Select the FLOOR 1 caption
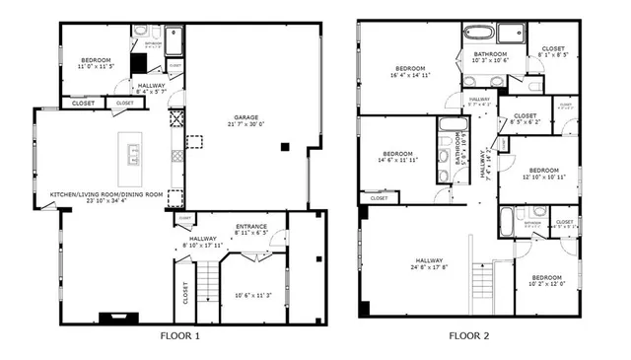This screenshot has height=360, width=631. pyautogui.click(x=179, y=335)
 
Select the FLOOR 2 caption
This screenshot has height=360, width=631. pyautogui.click(x=469, y=335)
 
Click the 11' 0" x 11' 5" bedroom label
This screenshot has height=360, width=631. pyautogui.click(x=96, y=63)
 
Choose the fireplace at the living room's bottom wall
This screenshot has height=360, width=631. pyautogui.click(x=105, y=318)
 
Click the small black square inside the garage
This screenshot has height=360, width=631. pyautogui.click(x=284, y=146)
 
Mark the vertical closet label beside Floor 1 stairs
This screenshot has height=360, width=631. pyautogui.click(x=185, y=293)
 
